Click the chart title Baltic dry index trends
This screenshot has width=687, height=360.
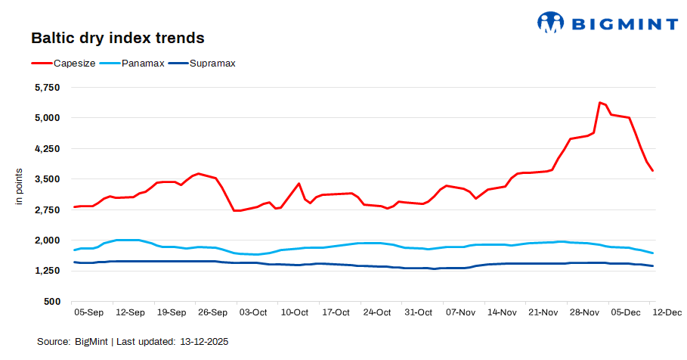[x=117, y=37]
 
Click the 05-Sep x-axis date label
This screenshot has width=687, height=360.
[x=88, y=312]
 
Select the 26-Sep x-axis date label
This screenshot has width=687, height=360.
[x=212, y=312]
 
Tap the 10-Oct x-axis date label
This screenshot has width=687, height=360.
[x=294, y=312]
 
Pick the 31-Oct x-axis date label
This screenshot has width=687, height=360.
[x=418, y=312]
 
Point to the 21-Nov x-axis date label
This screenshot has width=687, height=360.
[x=542, y=312]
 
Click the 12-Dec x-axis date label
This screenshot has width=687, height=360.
[x=665, y=312]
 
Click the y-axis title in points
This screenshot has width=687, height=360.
[x=20, y=189]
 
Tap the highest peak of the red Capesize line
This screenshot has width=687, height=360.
[x=599, y=102]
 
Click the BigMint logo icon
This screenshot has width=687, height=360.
[x=551, y=22]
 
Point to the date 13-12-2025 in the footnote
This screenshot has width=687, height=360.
[x=204, y=342]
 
